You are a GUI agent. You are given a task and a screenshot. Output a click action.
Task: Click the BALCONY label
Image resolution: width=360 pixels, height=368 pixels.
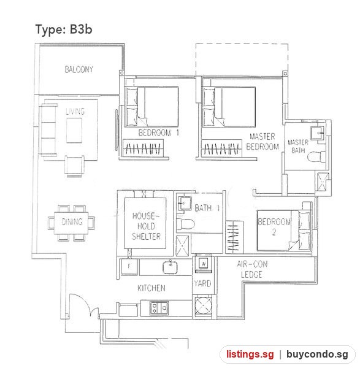(79, 69)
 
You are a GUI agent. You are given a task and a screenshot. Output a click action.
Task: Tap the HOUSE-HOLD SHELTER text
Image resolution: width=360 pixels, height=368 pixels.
(146, 226)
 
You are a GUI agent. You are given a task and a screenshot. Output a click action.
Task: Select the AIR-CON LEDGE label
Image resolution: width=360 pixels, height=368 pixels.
(252, 269)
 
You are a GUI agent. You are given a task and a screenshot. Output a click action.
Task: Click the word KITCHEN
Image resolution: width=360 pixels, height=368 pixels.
(151, 288)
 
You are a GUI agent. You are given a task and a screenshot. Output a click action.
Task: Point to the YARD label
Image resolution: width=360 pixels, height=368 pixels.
(202, 283)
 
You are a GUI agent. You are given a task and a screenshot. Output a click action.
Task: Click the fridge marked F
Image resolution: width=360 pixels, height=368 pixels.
(129, 266)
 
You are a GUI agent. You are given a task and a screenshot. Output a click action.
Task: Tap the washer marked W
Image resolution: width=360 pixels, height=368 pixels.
(203, 263)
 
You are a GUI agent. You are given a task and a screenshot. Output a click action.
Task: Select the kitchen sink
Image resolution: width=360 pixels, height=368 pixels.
(170, 267)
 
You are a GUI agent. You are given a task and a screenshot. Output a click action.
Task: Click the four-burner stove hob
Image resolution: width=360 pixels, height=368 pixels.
(159, 308)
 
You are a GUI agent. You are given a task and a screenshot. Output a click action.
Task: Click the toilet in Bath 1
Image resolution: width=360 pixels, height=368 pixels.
(185, 224)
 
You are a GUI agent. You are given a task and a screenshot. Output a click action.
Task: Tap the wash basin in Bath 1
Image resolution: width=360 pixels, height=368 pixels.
(185, 203)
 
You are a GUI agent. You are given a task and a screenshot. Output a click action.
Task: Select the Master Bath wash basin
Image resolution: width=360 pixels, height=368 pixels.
(318, 133)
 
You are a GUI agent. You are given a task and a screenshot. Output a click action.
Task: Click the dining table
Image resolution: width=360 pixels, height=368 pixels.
(71, 222)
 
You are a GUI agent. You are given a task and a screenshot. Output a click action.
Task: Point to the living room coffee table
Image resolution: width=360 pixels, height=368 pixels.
(74, 130)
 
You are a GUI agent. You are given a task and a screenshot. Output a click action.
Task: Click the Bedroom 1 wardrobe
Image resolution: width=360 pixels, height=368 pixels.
(143, 148)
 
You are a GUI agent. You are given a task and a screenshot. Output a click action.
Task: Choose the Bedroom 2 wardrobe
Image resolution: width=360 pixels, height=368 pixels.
(234, 237)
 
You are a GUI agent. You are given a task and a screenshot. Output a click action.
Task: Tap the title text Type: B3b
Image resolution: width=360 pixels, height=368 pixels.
(64, 30)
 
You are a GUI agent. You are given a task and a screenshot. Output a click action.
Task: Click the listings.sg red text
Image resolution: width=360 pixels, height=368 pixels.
(250, 354)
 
